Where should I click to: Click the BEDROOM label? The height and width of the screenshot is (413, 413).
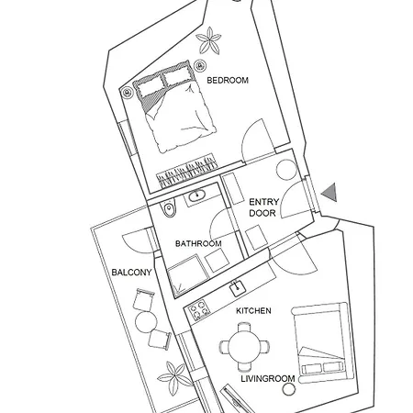228,81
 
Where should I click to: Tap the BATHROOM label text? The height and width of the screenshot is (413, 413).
198,244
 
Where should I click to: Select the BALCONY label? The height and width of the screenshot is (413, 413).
131,273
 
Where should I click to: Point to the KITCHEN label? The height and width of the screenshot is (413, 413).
253,311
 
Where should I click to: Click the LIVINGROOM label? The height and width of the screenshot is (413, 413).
268,379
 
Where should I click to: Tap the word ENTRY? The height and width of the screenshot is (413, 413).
264,202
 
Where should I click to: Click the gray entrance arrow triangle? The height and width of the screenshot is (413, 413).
330,193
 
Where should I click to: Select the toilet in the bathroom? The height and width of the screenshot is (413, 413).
169,208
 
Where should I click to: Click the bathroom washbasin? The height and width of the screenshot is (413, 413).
196,195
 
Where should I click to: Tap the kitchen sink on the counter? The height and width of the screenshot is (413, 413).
238,287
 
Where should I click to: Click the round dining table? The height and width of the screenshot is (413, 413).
245,347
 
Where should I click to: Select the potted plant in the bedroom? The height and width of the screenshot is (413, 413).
208,40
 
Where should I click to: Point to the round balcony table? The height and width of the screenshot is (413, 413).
146,322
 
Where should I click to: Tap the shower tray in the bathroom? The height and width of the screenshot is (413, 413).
187,276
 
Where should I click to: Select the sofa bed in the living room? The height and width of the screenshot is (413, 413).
323,342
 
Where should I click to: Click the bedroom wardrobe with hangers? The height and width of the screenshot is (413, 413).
187,172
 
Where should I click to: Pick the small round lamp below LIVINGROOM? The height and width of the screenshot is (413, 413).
288,390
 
